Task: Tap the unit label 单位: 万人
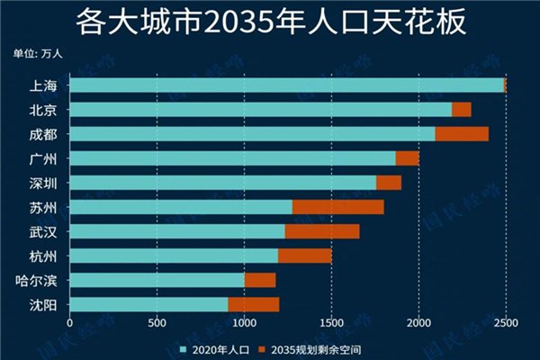(x=38, y=53)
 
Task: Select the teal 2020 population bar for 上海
(x=286, y=85)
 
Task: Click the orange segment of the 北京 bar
(x=461, y=110)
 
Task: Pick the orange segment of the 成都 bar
(x=462, y=134)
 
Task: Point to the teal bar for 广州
(x=232, y=158)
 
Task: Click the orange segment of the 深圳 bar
(x=389, y=183)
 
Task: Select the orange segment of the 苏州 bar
(x=337, y=207)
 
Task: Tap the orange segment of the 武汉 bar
(x=322, y=231)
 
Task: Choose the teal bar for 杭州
(x=174, y=256)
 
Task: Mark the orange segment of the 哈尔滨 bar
(x=260, y=280)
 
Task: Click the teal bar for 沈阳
(x=148, y=304)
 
